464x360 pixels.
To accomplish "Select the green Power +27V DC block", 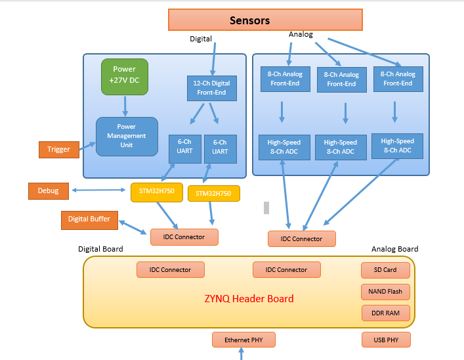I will coord(124,76).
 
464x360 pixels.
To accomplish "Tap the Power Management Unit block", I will coord(127,136).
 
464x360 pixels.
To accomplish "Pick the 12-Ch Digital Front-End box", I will coord(211,88).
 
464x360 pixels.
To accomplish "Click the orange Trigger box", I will coord(58,149).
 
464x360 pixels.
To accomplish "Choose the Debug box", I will coord(48,191).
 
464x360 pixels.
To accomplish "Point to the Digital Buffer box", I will coord(89,219).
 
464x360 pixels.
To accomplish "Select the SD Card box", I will coord(386,270).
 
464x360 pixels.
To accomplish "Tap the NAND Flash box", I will coord(386,292).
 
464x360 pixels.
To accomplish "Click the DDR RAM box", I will coord(386,313).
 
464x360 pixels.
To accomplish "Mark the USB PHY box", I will coord(386,340).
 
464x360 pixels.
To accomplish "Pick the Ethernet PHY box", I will coord(243,340).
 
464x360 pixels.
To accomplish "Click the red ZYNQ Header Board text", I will coord(249,299).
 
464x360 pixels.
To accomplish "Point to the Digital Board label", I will coord(100,250).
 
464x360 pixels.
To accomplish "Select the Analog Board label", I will coord(394,250).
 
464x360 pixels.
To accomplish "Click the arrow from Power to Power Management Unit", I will coord(125,105).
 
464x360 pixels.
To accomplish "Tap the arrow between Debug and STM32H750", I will coord(99,191).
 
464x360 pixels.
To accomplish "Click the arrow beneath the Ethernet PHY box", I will coord(242,354).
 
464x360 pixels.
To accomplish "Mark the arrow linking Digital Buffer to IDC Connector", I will coord(134,227).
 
